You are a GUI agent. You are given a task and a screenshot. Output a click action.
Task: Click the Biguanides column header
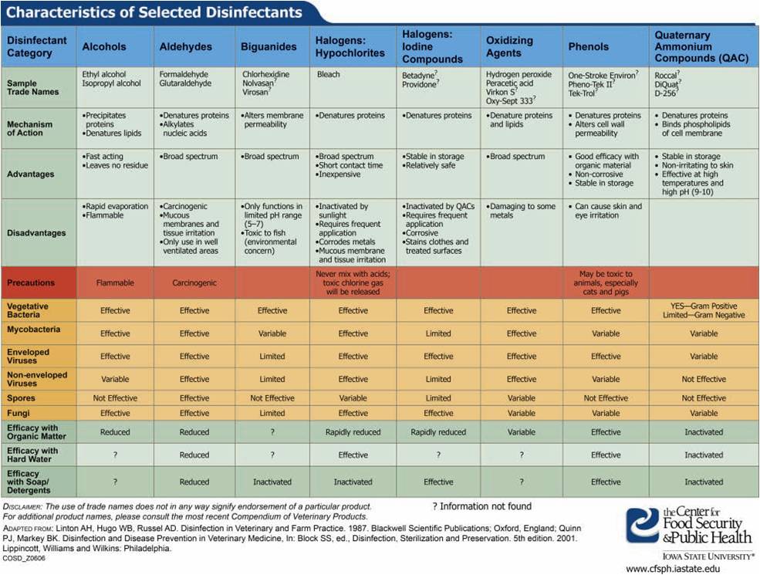point(269,46)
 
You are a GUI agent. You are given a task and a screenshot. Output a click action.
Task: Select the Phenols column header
point(589,46)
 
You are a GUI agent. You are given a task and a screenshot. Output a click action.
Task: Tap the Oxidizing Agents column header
point(509,46)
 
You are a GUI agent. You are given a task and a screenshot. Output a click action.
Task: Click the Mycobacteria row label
point(33,330)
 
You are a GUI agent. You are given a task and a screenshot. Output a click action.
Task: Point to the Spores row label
point(21,398)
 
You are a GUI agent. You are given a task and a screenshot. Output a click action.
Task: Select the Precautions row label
point(31,282)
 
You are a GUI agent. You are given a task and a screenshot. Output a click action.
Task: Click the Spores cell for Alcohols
point(115,398)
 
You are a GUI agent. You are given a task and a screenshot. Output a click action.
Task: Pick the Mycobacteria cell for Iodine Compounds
point(438,333)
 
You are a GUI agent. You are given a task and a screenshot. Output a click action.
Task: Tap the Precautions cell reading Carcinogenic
point(194,282)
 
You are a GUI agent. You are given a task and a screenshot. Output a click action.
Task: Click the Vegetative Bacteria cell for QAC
point(704,310)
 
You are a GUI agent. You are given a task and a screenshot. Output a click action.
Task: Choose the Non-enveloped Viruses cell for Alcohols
point(115,379)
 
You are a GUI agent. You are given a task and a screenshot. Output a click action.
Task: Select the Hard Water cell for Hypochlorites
point(353,455)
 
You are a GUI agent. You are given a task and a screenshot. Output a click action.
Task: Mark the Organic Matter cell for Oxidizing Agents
point(522,432)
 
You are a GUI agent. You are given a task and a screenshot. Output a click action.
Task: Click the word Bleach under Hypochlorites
point(328,74)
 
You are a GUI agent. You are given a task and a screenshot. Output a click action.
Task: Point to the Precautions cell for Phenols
point(606,282)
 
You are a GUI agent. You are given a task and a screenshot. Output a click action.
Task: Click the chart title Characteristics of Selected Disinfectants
point(154,12)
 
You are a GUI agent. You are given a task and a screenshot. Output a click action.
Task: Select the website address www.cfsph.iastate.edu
point(673,569)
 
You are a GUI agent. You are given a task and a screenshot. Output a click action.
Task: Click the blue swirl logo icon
point(643,525)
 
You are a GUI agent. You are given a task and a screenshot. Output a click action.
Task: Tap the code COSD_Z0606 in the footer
point(24,559)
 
